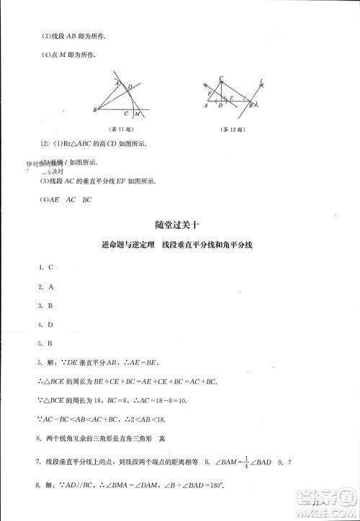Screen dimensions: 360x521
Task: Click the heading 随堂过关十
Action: [179, 225]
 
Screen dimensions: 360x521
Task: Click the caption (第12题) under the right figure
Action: [232, 129]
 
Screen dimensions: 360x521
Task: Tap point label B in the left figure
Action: [95, 109]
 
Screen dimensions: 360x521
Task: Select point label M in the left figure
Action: [136, 114]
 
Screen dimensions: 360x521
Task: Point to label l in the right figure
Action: [261, 81]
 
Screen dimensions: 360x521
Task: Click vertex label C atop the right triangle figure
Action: [221, 78]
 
